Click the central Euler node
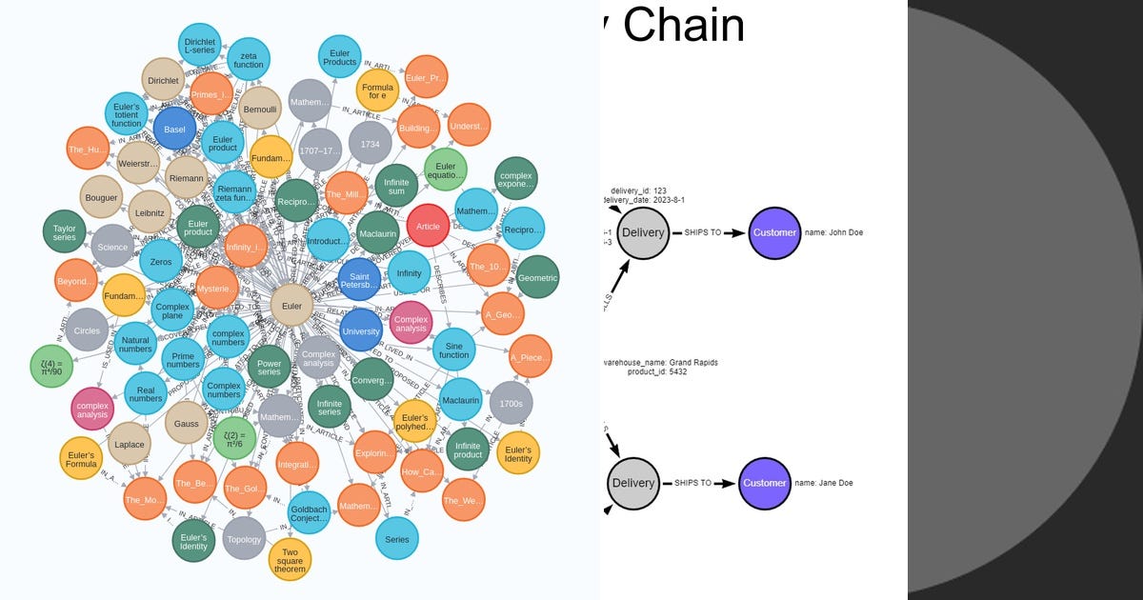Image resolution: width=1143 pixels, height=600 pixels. coord(292,307)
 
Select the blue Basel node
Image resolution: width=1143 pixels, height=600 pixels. coord(174,130)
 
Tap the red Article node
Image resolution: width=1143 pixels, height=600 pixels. coord(428,227)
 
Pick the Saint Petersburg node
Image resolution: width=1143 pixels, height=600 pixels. coord(359,278)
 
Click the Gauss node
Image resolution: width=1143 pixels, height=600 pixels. coord(187,422)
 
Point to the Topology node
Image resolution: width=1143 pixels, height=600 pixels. coord(244,539)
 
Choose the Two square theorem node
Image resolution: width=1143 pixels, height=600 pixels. coord(290,560)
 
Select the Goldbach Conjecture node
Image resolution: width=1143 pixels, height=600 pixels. coord(309,513)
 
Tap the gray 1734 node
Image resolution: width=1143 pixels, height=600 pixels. coord(370,142)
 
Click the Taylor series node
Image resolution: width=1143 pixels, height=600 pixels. coord(64,231)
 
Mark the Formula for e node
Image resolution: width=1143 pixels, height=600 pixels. coord(377,90)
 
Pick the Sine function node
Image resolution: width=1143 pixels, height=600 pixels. coord(454,349)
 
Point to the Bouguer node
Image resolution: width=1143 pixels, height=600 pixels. coord(101,197)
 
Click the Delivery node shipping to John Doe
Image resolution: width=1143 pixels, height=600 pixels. coord(643,232)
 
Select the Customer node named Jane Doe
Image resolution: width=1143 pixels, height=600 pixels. coord(765,483)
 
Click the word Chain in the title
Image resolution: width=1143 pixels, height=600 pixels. coord(684,25)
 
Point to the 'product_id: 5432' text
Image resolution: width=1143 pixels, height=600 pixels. coord(657,371)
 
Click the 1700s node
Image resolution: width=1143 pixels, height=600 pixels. coord(511,403)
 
